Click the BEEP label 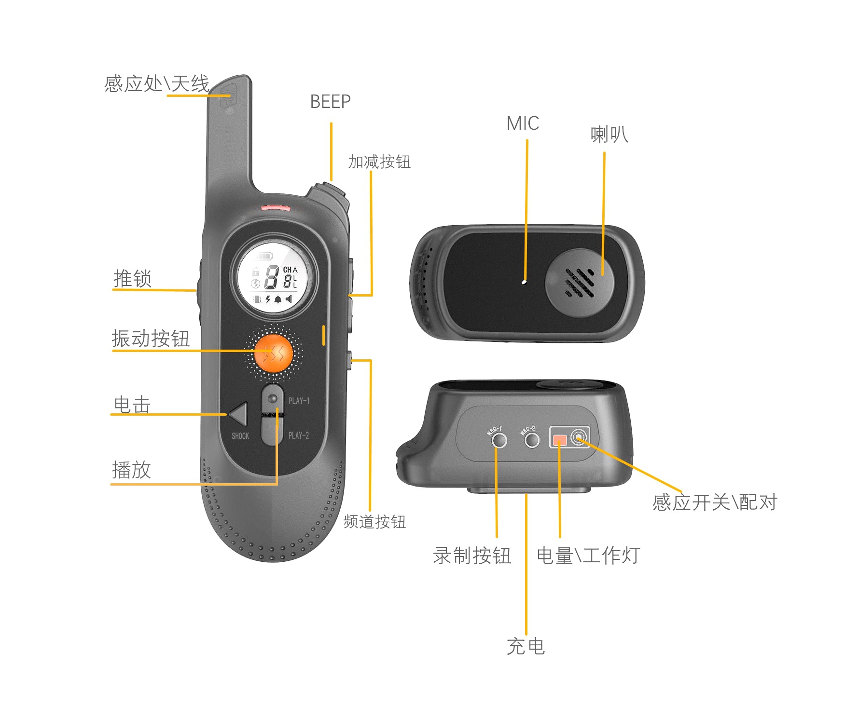(330, 102)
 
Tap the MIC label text (523, 123)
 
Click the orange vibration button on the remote (274, 353)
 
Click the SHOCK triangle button (239, 414)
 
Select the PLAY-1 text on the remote (299, 401)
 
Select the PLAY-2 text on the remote (299, 435)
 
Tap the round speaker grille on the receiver (580, 283)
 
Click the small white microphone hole (525, 282)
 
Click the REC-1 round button (499, 440)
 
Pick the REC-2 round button (532, 440)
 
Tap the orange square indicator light (560, 440)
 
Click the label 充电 (526, 646)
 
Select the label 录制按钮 (472, 556)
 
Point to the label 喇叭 (609, 135)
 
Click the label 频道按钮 (374, 522)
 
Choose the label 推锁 (132, 279)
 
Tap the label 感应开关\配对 (715, 502)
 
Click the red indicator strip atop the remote (276, 208)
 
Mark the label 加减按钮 (379, 162)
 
